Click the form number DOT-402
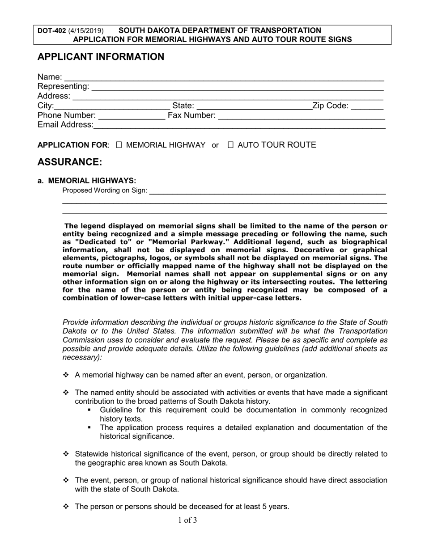point(51,31)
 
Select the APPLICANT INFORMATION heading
point(101,57)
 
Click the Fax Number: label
point(191,116)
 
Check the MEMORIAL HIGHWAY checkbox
point(119,145)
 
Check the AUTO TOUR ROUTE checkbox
point(231,145)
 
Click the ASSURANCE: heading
point(70,162)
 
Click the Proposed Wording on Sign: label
point(105,190)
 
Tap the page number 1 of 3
point(187,520)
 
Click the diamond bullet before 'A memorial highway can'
point(66,375)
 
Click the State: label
point(183,106)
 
